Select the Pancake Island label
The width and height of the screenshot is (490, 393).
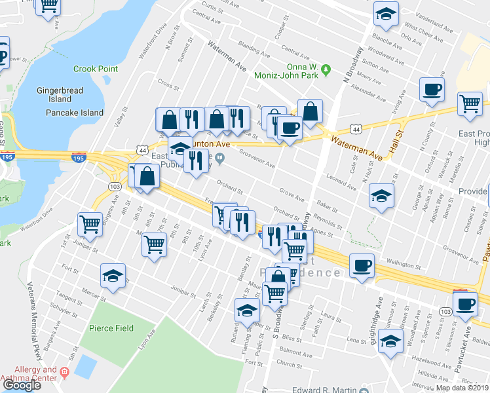75,113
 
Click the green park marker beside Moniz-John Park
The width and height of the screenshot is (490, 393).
332,67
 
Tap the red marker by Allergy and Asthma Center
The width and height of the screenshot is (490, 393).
64,371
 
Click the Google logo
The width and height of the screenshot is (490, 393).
22,385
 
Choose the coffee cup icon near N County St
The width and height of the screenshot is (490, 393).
432,90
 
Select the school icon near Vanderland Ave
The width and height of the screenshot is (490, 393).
386,13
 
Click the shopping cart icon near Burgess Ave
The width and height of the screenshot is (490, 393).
90,224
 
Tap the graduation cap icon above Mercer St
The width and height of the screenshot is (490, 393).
113,276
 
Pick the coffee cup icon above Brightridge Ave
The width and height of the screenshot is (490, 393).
362,265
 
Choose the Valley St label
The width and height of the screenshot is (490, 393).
119,117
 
